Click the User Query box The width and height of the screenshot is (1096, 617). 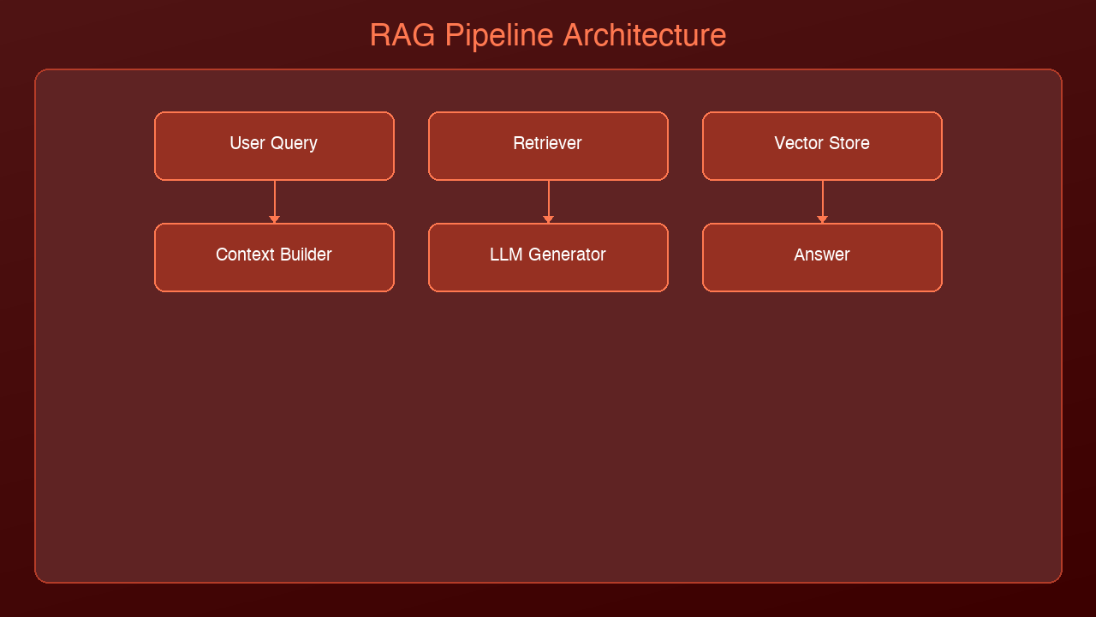pos(274,146)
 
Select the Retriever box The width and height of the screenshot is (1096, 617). pos(548,146)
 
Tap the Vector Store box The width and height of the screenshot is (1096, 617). pos(822,146)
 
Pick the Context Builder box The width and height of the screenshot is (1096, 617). pos(274,257)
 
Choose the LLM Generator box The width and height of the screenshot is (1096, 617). pos(548,257)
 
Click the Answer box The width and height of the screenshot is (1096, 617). pos(822,257)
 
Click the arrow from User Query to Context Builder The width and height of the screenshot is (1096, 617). pos(274,201)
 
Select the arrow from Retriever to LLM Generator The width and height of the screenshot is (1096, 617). pos(548,201)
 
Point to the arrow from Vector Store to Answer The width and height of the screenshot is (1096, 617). pos(822,201)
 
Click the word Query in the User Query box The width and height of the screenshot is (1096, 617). pos(295,144)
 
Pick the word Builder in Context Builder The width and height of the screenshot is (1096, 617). pos(306,255)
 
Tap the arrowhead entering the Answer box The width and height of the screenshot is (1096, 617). pos(822,219)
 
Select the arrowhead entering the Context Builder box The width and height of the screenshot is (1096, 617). pos(274,219)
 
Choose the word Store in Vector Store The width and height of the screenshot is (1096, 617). pos(848,144)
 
